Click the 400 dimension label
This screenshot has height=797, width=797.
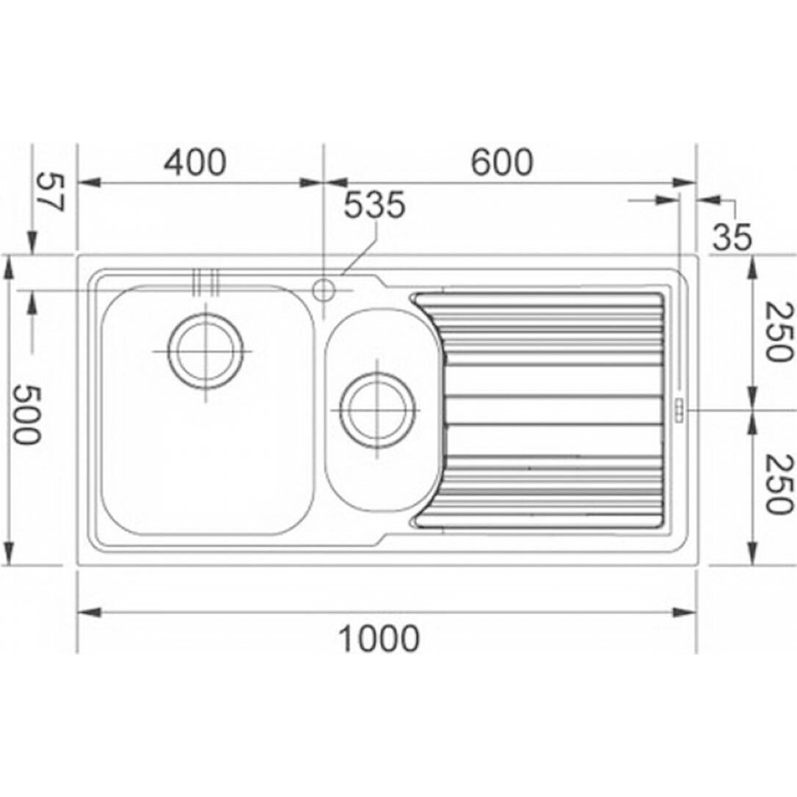195,162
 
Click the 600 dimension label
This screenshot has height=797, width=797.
502,162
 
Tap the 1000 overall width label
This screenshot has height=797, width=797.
379,639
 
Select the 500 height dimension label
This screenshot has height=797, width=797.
26,414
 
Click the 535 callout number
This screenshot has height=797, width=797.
375,205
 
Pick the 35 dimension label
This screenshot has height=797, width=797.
732,237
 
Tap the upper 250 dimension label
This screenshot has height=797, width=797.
779,332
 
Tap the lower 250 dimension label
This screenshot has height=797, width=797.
779,484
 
